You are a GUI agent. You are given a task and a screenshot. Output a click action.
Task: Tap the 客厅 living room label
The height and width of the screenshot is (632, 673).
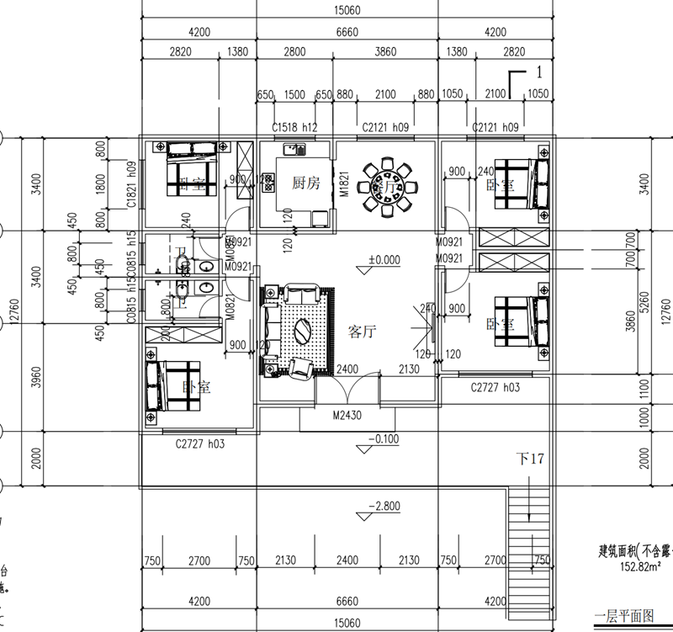[362, 332]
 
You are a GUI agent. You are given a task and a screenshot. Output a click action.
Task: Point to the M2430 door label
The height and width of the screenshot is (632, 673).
[347, 415]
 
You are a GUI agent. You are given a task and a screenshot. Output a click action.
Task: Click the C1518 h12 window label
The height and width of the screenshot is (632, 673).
[294, 127]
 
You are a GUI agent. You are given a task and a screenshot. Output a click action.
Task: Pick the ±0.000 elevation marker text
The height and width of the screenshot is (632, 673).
[384, 260]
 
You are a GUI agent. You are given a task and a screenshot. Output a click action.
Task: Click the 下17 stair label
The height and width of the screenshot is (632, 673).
[531, 459]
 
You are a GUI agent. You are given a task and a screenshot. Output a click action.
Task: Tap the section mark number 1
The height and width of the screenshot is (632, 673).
[536, 73]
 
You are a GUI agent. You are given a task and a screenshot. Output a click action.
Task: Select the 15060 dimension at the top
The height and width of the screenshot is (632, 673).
[347, 8]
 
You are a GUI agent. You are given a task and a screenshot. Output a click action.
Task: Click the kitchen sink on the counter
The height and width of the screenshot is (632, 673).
[294, 151]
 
